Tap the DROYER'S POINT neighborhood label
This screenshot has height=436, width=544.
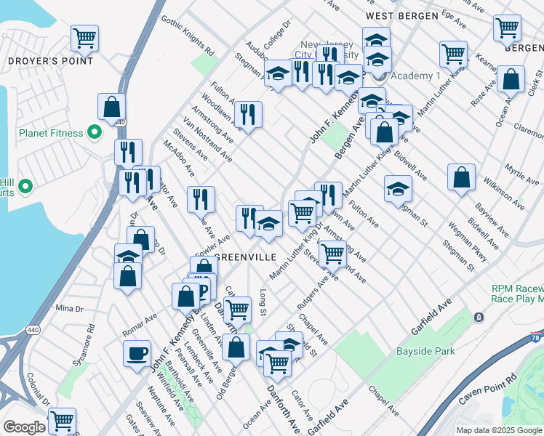pos(50,61)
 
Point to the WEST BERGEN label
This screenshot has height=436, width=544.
pos(402,15)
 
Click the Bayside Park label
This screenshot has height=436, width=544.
pos(425,351)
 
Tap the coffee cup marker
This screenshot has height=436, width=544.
pos(137,355)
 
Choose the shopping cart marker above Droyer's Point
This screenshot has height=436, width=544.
pos(85,38)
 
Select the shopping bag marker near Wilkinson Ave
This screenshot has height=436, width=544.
pos(461,177)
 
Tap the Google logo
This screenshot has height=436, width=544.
pos(25,427)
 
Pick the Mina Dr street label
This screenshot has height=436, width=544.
pos(70,308)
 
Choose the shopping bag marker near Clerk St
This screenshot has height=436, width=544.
pos(512,81)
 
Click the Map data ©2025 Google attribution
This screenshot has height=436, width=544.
pos(499,430)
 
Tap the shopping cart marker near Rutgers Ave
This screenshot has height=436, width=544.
pos(332,254)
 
